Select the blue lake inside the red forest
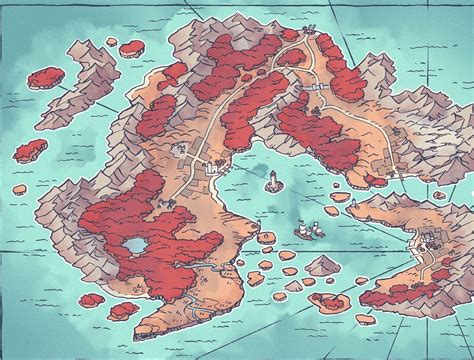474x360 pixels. pos(132,245)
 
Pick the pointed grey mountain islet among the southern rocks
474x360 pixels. pos(322,264)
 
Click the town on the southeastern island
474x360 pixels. pos(432,242)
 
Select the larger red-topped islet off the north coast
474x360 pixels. pos(132,47)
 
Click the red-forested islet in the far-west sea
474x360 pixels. pos(30,150)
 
